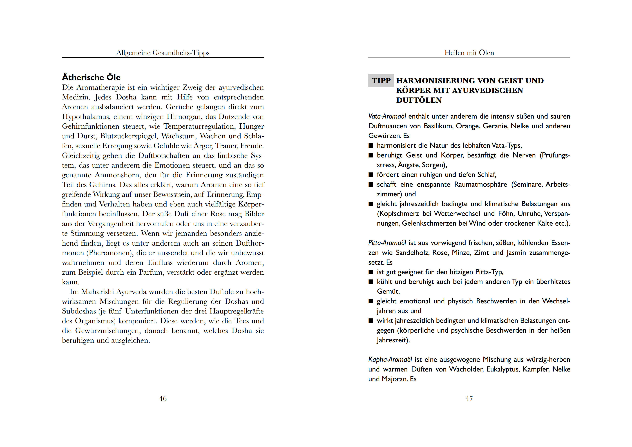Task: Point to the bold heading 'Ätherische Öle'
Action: click(91, 77)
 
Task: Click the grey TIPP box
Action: click(381, 81)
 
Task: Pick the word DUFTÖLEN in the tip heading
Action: click(419, 100)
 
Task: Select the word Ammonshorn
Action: click(116, 175)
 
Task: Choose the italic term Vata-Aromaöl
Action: click(387, 117)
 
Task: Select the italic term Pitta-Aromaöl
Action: click(387, 243)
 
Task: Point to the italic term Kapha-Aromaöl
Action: click(390, 360)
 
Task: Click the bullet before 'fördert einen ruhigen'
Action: click(371, 175)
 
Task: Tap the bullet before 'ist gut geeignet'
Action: click(371, 272)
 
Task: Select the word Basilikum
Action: click(438, 126)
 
